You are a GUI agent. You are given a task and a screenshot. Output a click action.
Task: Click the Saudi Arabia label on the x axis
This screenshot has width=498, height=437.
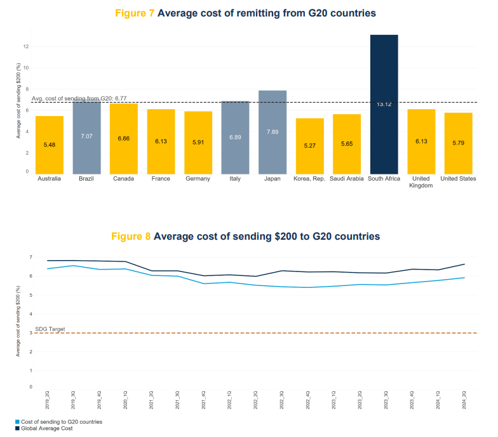346,179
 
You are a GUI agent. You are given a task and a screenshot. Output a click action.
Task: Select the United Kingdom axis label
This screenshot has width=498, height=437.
421,182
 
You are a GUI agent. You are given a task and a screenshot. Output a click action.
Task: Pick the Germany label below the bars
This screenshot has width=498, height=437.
198,179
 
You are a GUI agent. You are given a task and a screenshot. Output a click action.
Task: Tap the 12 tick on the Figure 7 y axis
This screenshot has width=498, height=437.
26,46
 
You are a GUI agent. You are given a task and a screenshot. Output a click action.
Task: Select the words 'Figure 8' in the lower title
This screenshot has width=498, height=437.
131,236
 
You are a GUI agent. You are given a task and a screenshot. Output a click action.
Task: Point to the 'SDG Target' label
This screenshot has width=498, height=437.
50,329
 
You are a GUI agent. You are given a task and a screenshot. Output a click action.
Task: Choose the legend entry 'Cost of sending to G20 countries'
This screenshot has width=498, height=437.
62,421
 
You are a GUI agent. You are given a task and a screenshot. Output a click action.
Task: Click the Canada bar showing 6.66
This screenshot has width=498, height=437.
123,138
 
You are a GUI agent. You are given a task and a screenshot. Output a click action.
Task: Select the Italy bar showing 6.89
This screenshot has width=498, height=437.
235,136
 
